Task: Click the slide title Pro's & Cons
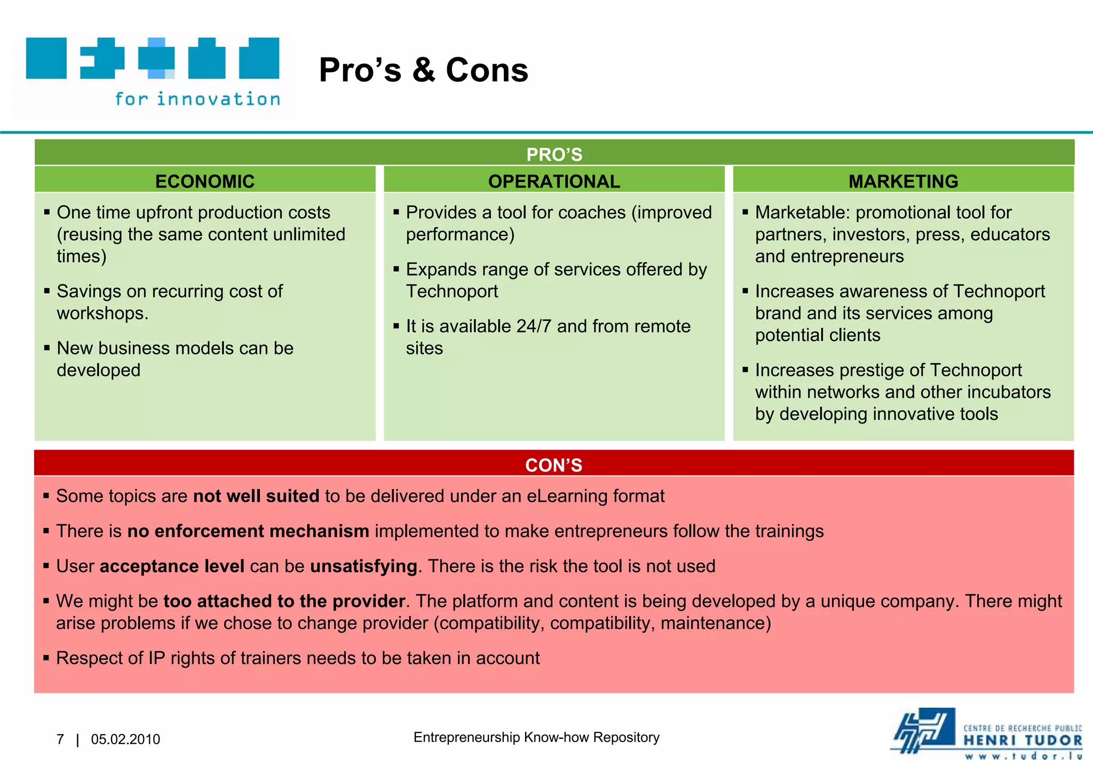423,70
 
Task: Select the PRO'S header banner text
554,154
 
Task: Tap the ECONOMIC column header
205,181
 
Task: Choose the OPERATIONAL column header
554,181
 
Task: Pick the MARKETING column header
903,181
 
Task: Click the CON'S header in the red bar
553,465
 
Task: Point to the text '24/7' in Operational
534,326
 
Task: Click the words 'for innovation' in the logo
197,99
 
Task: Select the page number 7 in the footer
60,739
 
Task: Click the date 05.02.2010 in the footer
125,739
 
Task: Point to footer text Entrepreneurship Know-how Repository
536,737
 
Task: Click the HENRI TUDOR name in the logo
1023,740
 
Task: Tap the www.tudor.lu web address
1023,756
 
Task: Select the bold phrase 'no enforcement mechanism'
248,531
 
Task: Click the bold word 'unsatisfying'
363,566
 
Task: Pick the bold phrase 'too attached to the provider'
284,601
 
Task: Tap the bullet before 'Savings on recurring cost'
47,291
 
